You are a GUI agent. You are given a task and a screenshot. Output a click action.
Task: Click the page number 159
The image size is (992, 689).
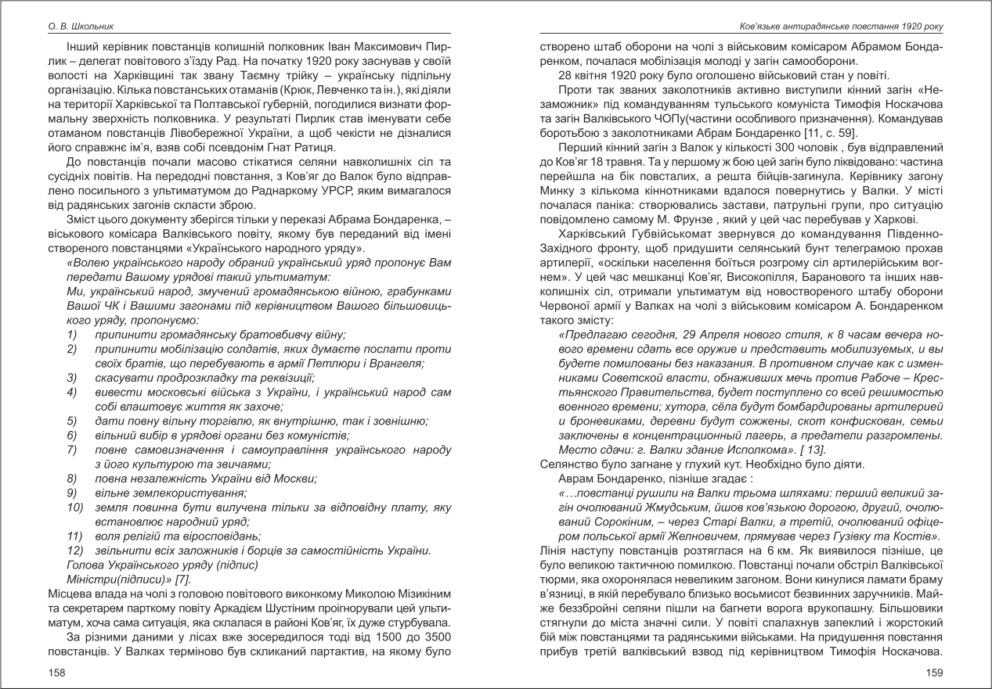[x=934, y=672]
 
